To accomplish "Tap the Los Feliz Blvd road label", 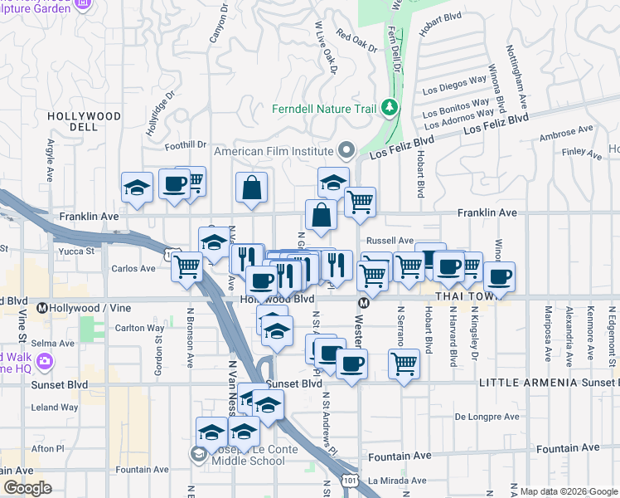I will click(x=495, y=124).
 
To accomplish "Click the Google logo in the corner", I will click(x=27, y=487).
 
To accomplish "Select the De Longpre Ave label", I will click(x=487, y=417).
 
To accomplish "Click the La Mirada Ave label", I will click(x=397, y=480).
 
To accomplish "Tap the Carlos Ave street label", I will click(x=133, y=269).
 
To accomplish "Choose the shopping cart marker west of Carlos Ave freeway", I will click(x=187, y=267).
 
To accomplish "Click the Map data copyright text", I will click(x=569, y=491).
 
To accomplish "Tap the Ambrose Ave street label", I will click(x=567, y=131).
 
